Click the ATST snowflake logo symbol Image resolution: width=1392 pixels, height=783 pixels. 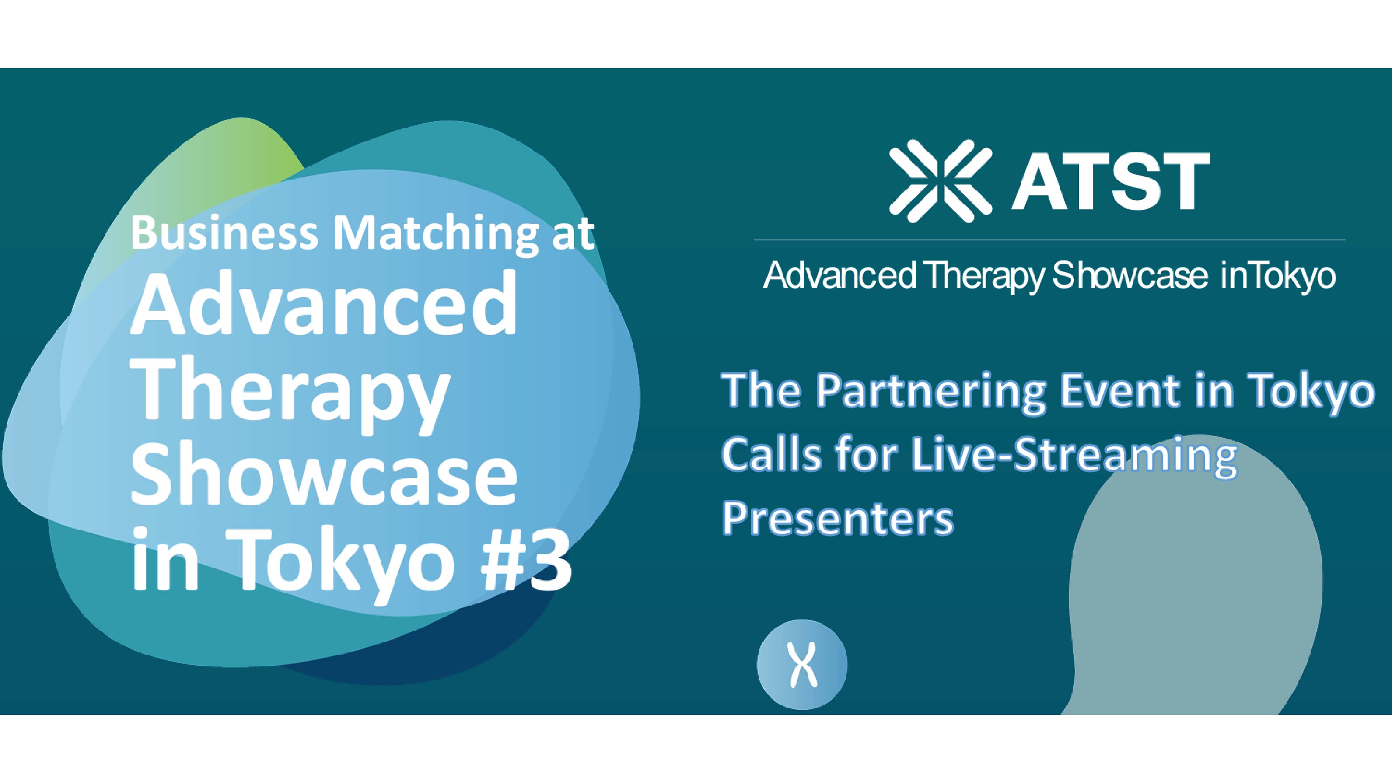tap(941, 181)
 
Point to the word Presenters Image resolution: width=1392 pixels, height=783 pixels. tap(838, 519)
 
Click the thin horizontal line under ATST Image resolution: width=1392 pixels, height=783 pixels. tap(1050, 239)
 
